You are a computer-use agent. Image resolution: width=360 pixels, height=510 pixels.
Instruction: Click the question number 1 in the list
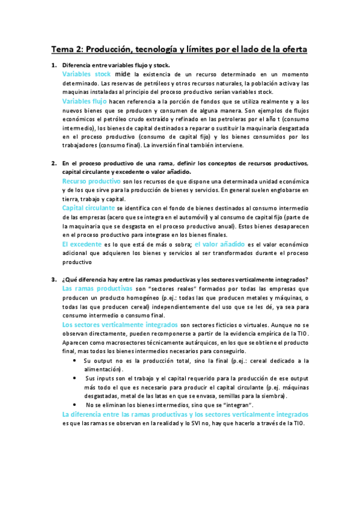pos(53,65)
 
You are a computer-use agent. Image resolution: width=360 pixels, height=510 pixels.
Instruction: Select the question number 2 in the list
pos(53,164)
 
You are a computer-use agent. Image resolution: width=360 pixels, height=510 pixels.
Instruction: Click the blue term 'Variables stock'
pos(87,74)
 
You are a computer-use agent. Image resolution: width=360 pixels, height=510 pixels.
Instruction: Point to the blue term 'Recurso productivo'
pos(91,181)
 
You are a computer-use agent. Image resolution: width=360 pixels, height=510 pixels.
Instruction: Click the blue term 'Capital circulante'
pos(89,207)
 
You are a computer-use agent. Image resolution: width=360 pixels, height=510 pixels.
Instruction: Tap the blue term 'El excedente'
pos(82,244)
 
